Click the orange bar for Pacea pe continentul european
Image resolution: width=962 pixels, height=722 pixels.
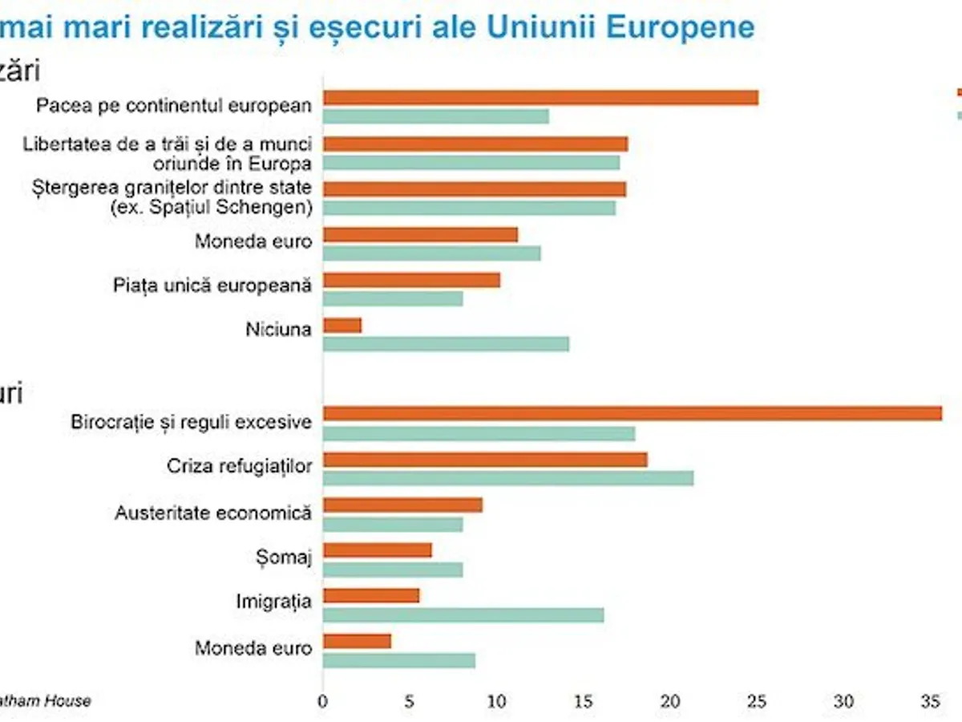pyautogui.click(x=540, y=98)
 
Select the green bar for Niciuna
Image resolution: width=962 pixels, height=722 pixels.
pyautogui.click(x=446, y=344)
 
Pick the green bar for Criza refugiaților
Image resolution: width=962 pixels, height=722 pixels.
pyautogui.click(x=508, y=478)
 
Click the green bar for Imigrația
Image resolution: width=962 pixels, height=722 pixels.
pyautogui.click(x=463, y=615)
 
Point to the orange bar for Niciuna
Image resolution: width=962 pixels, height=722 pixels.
pyautogui.click(x=342, y=326)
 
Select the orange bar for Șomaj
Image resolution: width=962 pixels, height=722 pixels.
pyautogui.click(x=378, y=550)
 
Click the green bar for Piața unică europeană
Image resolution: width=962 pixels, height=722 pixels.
pyautogui.click(x=393, y=298)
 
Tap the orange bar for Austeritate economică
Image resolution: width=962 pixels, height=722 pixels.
pyautogui.click(x=402, y=505)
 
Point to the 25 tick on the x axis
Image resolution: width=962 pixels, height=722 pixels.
pyautogui.click(x=758, y=701)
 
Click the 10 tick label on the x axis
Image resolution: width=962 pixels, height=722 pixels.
pyautogui.click(x=497, y=701)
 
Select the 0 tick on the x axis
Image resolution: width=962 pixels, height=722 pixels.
pyautogui.click(x=323, y=701)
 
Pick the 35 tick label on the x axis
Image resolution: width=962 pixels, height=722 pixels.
pyautogui.click(x=930, y=701)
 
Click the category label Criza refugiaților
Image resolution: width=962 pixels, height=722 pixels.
pyautogui.click(x=239, y=466)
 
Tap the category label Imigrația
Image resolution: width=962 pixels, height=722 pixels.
pyautogui.click(x=273, y=601)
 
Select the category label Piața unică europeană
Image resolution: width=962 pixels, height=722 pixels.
pyautogui.click(x=212, y=285)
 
